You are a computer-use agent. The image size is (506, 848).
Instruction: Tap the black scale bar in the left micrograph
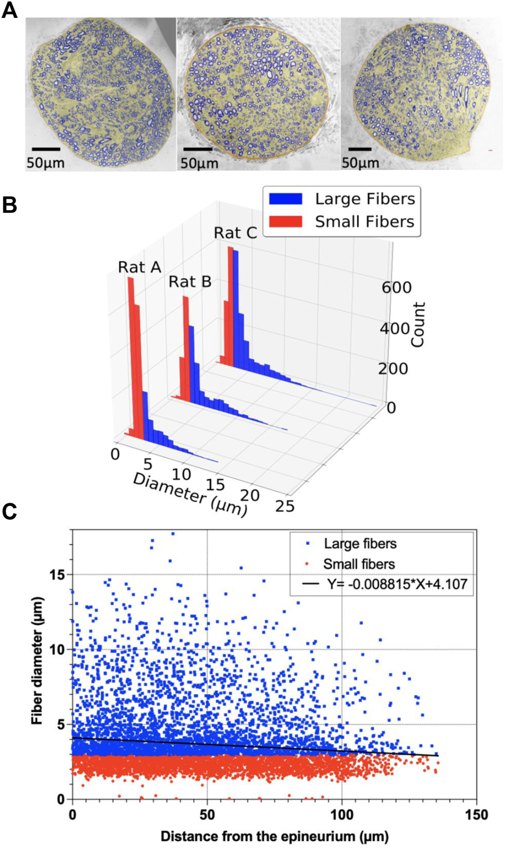click(46, 149)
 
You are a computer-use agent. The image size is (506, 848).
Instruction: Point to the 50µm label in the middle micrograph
click(199, 163)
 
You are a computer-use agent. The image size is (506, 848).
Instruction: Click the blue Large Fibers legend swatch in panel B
click(285, 199)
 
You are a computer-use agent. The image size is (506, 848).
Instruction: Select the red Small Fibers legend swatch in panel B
click(285, 222)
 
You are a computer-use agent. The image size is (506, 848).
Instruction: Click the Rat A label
click(139, 268)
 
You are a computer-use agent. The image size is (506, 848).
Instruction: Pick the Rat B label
click(190, 282)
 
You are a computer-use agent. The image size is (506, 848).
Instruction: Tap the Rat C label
click(235, 233)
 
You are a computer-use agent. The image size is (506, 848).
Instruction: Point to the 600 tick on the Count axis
click(396, 288)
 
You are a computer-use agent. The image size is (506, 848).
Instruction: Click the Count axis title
click(418, 324)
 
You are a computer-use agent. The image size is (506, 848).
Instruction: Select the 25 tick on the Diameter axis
click(284, 506)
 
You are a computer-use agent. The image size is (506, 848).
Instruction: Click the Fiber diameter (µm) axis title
click(37, 661)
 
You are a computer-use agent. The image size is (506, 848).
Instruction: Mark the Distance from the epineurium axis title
click(275, 836)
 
